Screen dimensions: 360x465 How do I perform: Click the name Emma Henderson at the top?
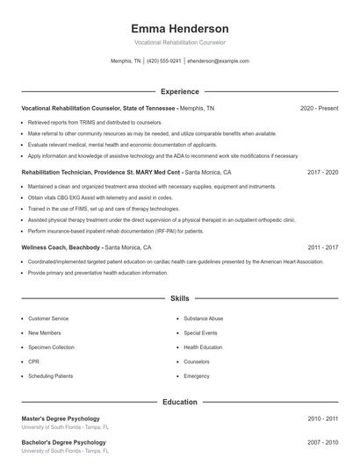[179, 28]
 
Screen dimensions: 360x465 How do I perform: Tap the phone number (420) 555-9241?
[164, 61]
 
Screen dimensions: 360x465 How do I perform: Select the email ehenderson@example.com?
[219, 61]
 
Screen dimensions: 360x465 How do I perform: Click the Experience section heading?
[179, 91]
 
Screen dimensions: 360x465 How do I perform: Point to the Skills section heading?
[179, 299]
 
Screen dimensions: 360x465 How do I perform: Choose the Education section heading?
[179, 402]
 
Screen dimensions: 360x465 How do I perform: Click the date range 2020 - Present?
[319, 108]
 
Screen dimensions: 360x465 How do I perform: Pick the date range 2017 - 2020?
[322, 173]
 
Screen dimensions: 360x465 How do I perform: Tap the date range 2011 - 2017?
[322, 248]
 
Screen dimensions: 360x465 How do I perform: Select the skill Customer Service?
[48, 318]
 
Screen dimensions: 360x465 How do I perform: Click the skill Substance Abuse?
[204, 318]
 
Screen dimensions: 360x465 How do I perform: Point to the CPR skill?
[33, 361]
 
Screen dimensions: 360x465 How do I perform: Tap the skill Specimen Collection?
[51, 347]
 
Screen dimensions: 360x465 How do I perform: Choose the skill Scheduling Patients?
[51, 376]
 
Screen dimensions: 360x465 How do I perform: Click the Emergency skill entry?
[197, 376]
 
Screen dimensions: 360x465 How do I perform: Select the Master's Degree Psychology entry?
[61, 418]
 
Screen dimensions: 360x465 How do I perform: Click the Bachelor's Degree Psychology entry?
[63, 442]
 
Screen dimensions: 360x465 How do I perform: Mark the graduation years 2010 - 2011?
[322, 418]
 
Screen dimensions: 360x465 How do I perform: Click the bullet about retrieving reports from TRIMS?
[95, 122]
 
